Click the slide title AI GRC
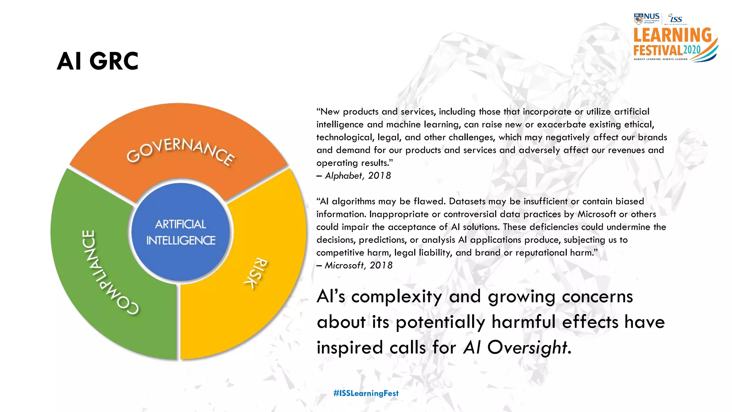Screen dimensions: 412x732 click(98, 61)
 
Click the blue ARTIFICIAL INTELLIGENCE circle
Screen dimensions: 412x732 click(180, 232)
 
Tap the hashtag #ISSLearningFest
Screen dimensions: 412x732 click(366, 393)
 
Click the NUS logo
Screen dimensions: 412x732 click(647, 18)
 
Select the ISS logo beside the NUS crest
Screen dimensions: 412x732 click(676, 18)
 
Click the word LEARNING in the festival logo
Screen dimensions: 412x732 click(672, 35)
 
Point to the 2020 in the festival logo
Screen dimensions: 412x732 click(692, 50)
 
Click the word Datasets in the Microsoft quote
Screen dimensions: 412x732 click(467, 201)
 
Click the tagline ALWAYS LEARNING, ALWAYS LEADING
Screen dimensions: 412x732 click(661, 59)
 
